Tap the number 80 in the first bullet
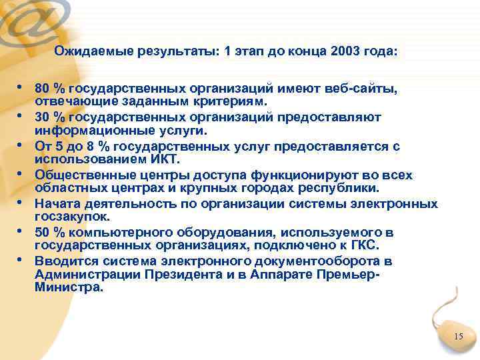(43, 89)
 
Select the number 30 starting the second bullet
(43, 117)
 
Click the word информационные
(84, 130)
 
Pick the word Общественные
(79, 175)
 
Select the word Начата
(55, 203)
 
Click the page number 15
(458, 337)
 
